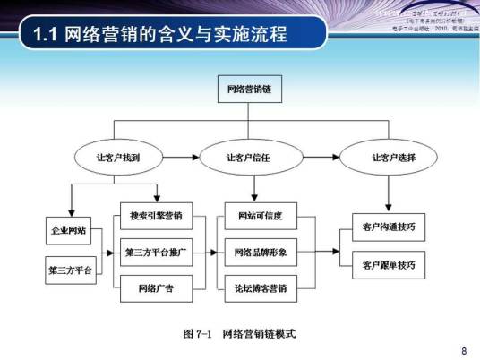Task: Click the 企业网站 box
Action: (70, 230)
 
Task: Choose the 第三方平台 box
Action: (70, 268)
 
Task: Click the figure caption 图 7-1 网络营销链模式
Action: (239, 334)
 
